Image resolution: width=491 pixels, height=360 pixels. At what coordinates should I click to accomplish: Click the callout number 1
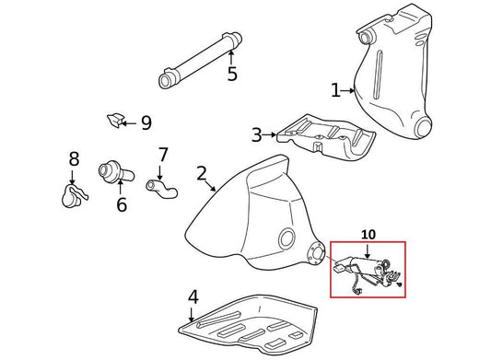[335, 90]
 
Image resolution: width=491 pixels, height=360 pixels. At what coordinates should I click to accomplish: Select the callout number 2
[201, 174]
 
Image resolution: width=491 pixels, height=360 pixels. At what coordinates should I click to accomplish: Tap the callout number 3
[256, 136]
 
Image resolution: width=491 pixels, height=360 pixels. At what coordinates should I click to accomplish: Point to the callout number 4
[193, 296]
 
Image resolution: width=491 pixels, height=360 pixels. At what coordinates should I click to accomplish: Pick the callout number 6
[122, 204]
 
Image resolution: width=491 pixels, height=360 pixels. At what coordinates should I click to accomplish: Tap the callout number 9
[146, 122]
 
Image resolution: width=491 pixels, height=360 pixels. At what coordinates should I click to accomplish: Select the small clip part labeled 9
[115, 120]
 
